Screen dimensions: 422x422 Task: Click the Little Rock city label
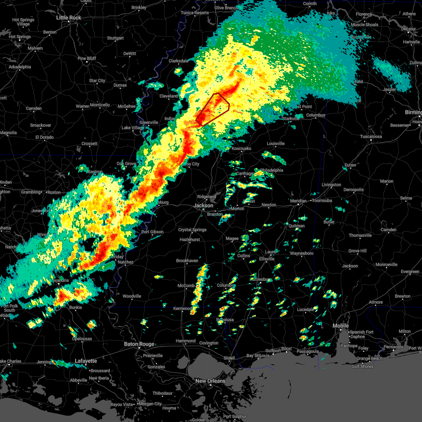(69, 18)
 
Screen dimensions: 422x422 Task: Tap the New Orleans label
(210, 381)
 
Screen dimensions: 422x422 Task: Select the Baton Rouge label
(139, 344)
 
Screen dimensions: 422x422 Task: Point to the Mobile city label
(341, 326)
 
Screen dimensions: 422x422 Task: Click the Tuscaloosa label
(371, 136)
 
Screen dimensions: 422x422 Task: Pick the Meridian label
(298, 201)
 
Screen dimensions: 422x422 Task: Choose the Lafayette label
(86, 361)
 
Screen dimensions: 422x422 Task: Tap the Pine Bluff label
(87, 58)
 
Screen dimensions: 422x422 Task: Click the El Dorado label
(44, 137)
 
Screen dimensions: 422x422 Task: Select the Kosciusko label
(241, 148)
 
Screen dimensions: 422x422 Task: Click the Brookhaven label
(187, 261)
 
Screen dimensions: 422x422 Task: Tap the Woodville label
(132, 296)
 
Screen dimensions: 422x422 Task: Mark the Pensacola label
(393, 347)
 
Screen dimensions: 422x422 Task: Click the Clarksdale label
(179, 61)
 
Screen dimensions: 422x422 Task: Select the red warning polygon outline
(229, 104)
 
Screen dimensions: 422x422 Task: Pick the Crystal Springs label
(192, 230)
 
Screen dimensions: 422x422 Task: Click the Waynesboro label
(302, 253)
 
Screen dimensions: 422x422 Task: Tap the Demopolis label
(353, 190)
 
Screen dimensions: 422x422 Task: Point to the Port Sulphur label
(235, 416)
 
